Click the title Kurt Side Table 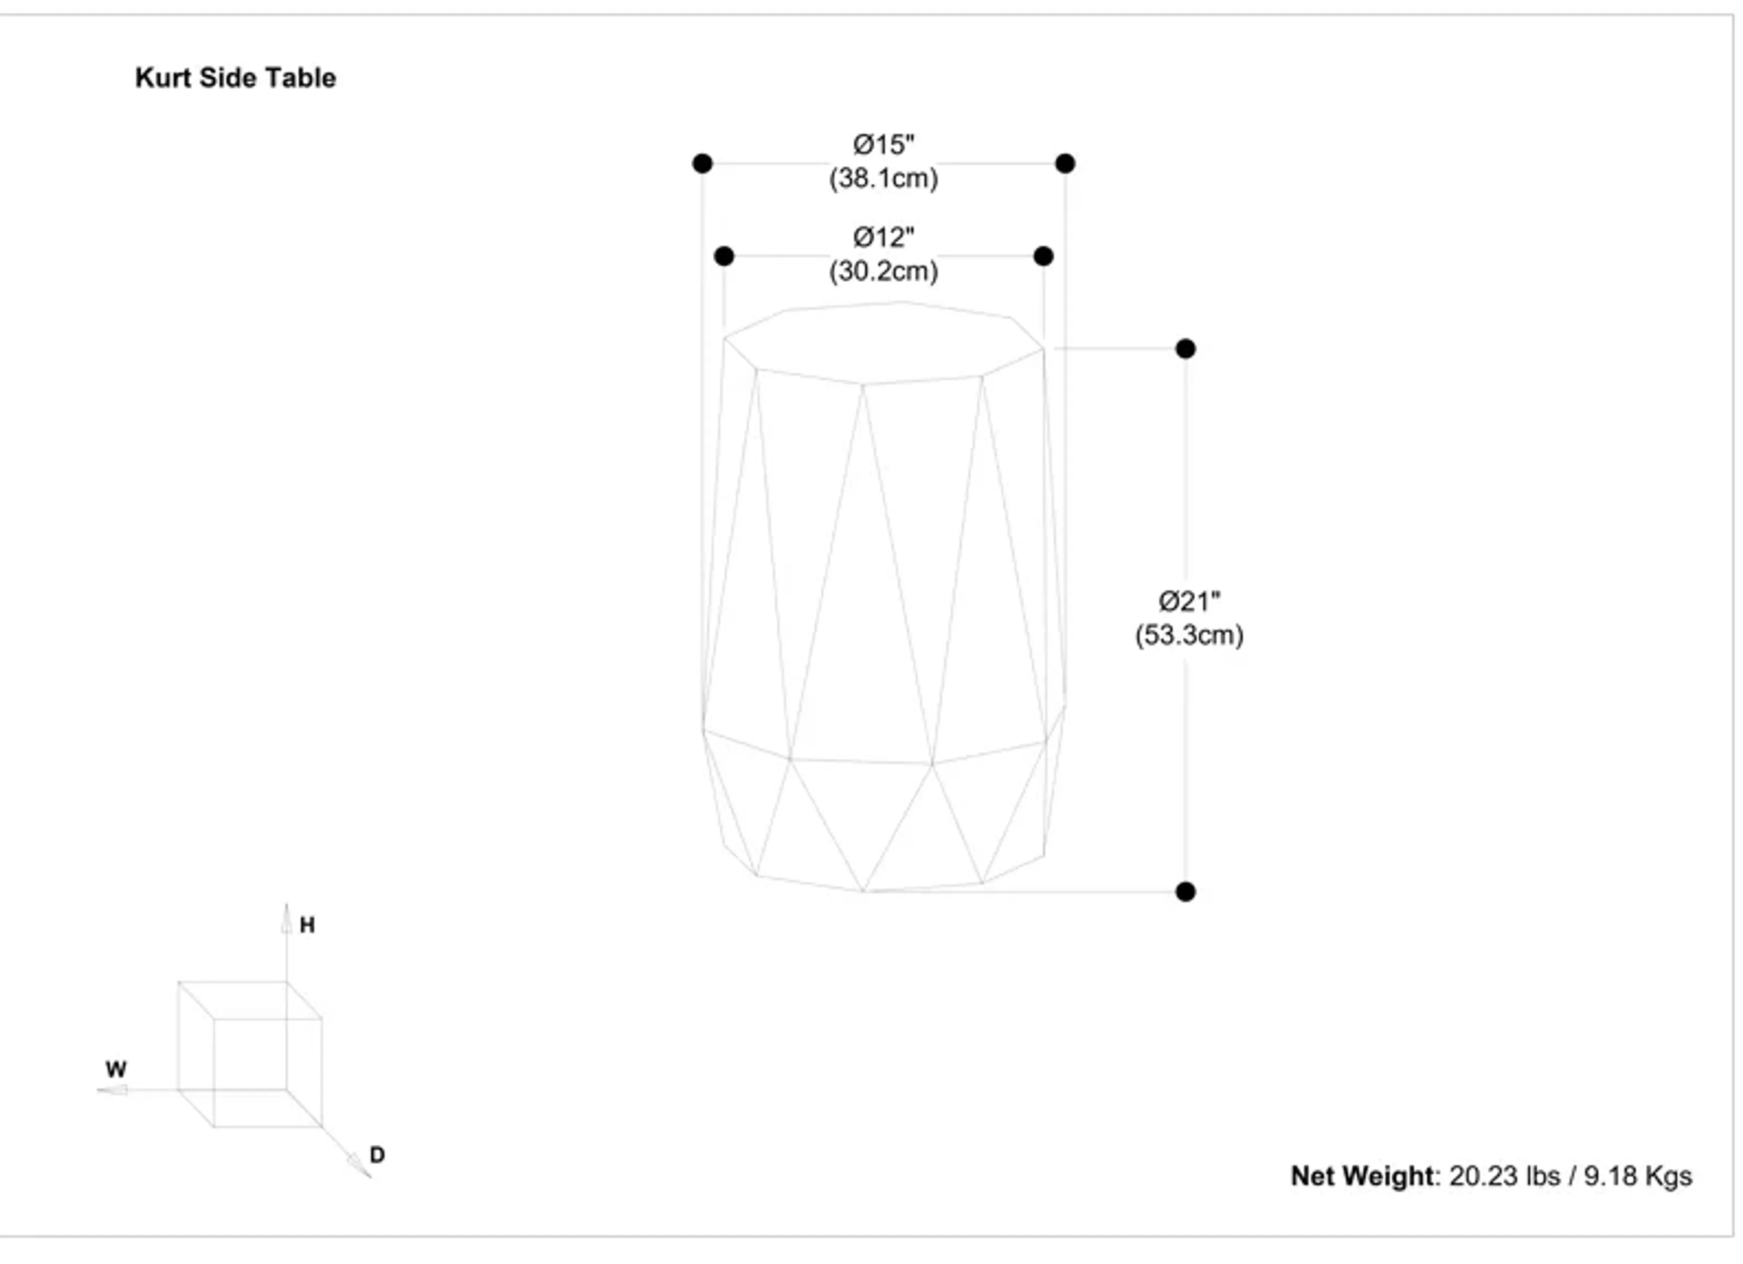pos(235,78)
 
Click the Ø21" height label pos(1188,602)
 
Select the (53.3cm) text pos(1188,636)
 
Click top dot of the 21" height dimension pos(1185,349)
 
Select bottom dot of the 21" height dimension pos(1185,892)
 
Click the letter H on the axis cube pos(307,925)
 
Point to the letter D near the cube pos(377,1155)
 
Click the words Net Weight pos(1362,1176)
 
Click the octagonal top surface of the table pos(884,342)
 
